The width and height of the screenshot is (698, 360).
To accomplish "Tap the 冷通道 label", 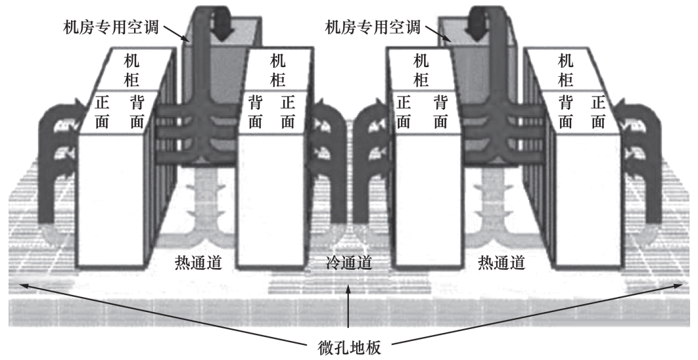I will [x=349, y=263].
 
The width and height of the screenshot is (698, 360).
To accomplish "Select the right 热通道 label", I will [x=501, y=263].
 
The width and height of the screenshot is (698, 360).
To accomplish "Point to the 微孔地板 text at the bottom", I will [x=349, y=346].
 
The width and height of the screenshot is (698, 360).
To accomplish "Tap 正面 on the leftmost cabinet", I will [x=103, y=111].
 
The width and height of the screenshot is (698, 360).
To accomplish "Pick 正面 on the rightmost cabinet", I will [x=597, y=111].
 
